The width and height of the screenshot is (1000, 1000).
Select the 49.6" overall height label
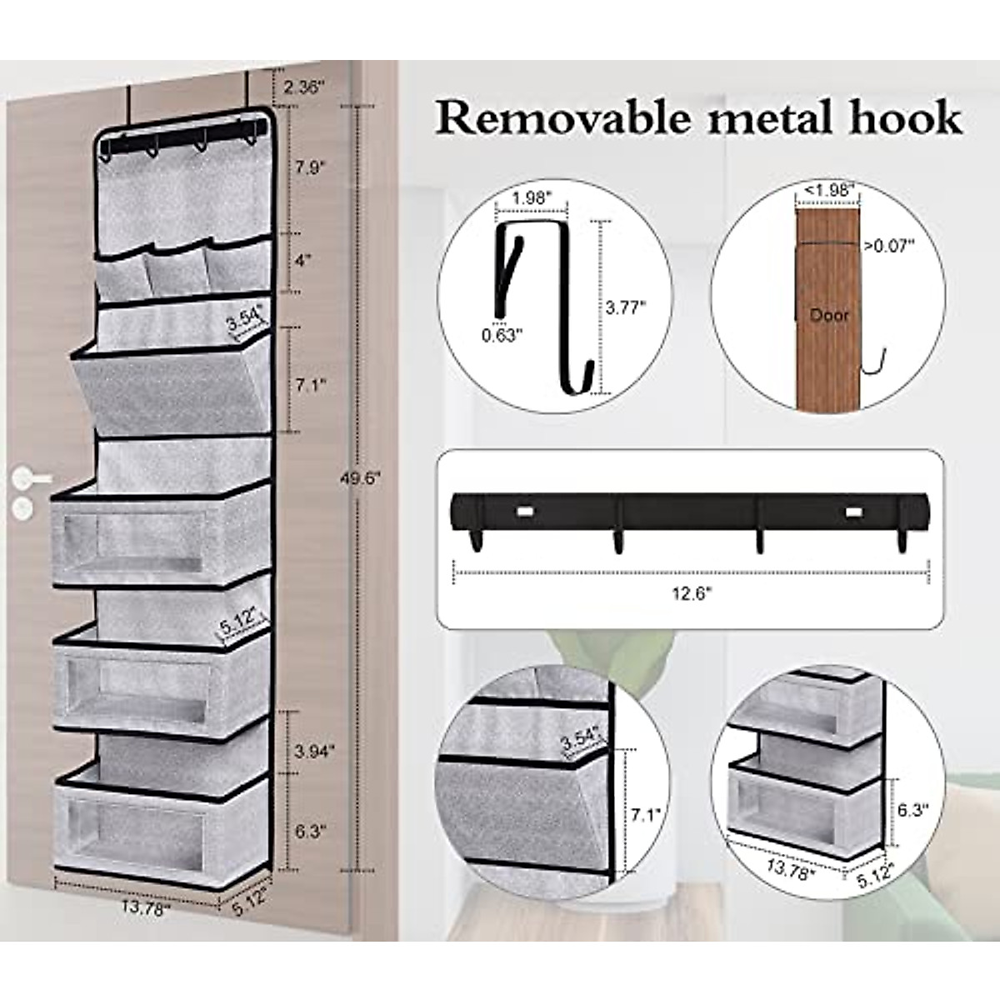(x=362, y=477)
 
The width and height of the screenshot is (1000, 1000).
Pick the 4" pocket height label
(x=303, y=259)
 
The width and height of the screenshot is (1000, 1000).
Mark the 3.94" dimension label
(x=315, y=750)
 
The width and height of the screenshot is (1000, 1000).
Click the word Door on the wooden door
(x=829, y=315)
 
